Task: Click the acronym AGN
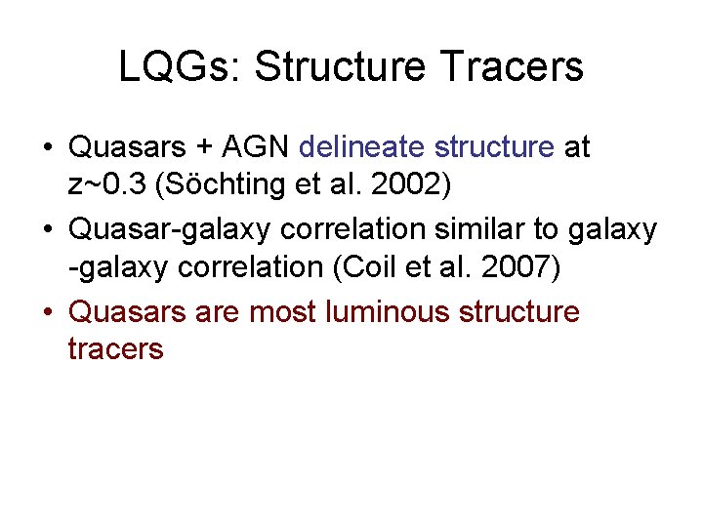(256, 147)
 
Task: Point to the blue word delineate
(362, 147)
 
